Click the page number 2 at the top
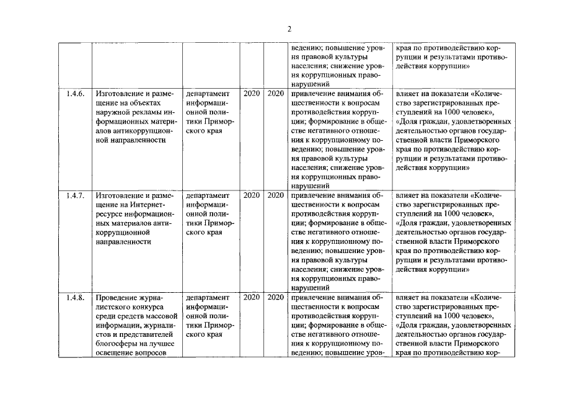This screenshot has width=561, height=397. pos(289,29)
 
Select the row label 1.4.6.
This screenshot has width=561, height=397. pos(74,94)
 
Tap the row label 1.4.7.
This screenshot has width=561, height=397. pos(74,195)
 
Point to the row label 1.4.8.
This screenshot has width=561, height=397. pos(74,297)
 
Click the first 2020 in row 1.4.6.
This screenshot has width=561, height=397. pos(252,94)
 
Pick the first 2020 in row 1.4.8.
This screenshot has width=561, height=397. pos(252,297)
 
